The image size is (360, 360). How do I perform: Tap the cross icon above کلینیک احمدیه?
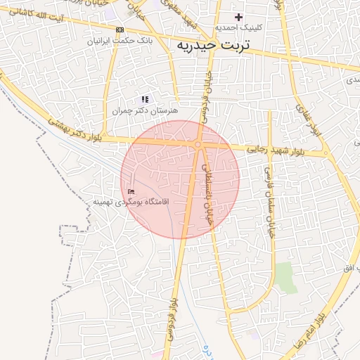click(x=238, y=17)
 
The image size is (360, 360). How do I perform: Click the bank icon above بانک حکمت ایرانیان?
click(x=120, y=30)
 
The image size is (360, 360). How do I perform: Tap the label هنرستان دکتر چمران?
click(x=146, y=110)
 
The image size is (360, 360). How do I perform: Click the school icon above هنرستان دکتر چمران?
click(x=145, y=100)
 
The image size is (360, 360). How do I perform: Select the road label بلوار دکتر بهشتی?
click(x=76, y=130)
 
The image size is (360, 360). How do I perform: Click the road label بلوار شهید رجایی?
click(x=278, y=150)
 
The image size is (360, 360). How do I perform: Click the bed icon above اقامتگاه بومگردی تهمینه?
click(x=131, y=191)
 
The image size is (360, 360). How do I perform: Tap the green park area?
click(x=285, y=277)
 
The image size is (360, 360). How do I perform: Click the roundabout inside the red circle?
click(x=199, y=145)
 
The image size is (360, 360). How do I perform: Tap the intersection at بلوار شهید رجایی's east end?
click(x=326, y=153)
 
